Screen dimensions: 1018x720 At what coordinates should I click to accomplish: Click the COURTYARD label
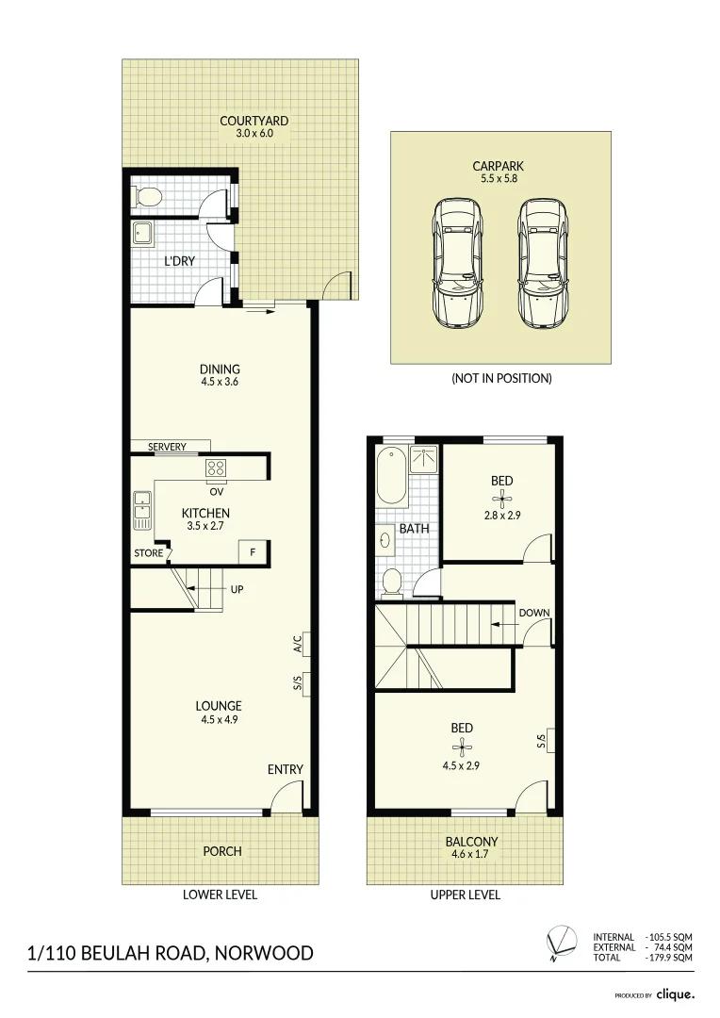(254, 121)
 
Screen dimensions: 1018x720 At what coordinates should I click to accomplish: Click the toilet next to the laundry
(148, 197)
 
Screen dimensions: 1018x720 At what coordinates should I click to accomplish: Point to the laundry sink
(144, 234)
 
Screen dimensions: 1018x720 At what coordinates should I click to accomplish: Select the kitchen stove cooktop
(214, 468)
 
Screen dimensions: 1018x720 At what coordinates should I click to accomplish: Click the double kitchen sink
(142, 510)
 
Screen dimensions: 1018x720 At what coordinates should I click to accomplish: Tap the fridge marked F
(253, 552)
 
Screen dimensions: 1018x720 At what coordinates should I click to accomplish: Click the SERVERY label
(167, 447)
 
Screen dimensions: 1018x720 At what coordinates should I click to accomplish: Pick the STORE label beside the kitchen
(148, 553)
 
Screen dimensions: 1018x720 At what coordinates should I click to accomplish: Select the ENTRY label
(285, 769)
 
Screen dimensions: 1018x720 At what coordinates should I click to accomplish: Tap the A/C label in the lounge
(298, 644)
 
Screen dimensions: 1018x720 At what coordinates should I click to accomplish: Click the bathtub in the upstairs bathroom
(389, 477)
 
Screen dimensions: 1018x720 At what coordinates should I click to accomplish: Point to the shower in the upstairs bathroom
(425, 460)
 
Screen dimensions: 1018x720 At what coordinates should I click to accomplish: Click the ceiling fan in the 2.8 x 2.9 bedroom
(501, 500)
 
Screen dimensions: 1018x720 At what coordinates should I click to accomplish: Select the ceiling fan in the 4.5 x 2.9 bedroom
(462, 748)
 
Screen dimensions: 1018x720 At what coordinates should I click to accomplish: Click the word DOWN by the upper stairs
(534, 613)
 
